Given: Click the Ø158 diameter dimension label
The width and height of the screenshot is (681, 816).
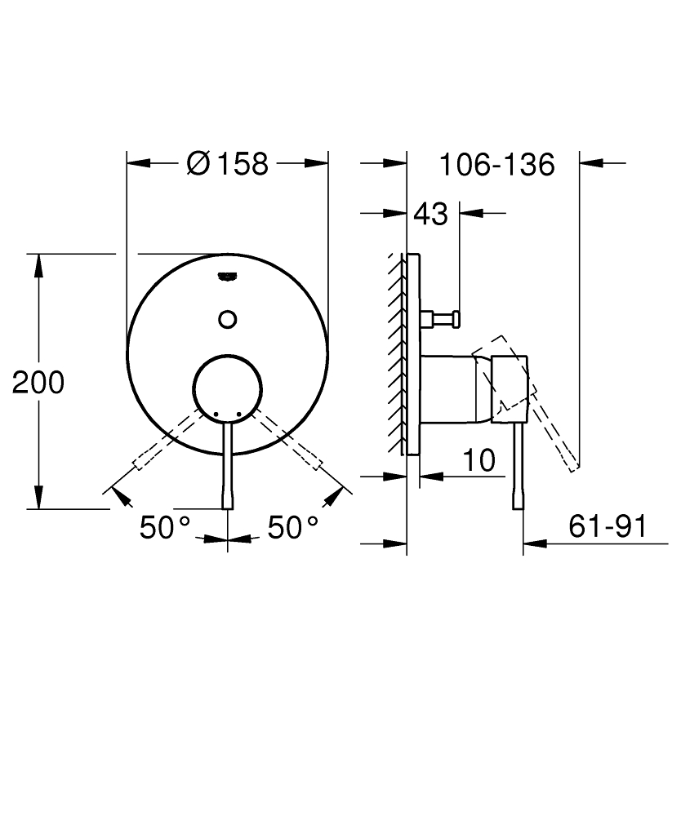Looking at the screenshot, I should click(227, 163).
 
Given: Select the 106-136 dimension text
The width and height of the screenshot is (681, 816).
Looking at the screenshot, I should click(496, 164).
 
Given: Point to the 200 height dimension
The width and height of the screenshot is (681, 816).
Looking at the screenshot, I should click(38, 382).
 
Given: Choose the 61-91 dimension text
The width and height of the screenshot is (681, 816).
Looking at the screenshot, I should click(607, 526).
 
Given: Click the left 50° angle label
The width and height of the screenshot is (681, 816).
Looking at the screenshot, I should click(164, 527).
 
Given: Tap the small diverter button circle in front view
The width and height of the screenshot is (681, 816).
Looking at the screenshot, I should click(228, 319).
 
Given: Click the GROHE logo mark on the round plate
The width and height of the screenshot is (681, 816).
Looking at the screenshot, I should click(228, 276).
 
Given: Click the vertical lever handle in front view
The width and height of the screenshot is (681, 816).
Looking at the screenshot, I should click(228, 465).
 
